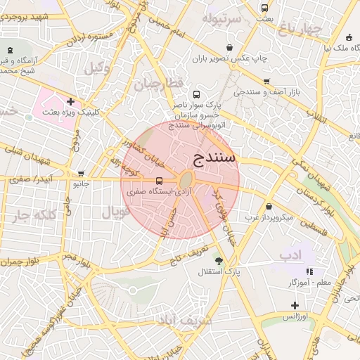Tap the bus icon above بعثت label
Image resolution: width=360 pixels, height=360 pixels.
point(264,8)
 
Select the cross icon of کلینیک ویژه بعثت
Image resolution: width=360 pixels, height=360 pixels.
point(70,102)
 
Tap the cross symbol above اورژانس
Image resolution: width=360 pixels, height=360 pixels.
point(295,305)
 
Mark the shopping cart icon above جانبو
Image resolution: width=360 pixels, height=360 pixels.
point(82,174)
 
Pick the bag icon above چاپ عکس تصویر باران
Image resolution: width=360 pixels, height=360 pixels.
point(229,47)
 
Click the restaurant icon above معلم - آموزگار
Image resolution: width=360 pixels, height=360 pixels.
point(308,271)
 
